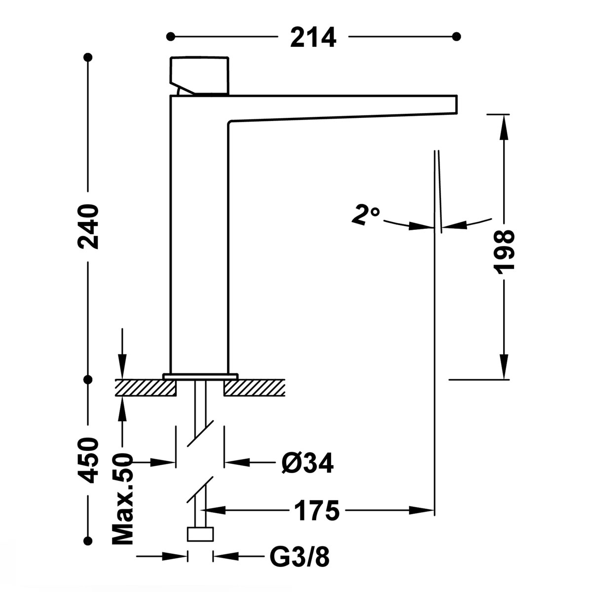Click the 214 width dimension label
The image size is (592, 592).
(313, 37)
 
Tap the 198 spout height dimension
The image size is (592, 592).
(503, 252)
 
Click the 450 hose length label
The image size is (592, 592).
(89, 460)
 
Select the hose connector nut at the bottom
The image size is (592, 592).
(200, 535)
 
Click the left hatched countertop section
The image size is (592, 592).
(146, 388)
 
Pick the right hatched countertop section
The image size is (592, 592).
(254, 388)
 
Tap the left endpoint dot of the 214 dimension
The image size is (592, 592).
(171, 36)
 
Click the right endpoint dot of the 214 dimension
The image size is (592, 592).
(456, 36)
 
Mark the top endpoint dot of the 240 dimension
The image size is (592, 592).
(89, 57)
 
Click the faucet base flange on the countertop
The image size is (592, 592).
(200, 376)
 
